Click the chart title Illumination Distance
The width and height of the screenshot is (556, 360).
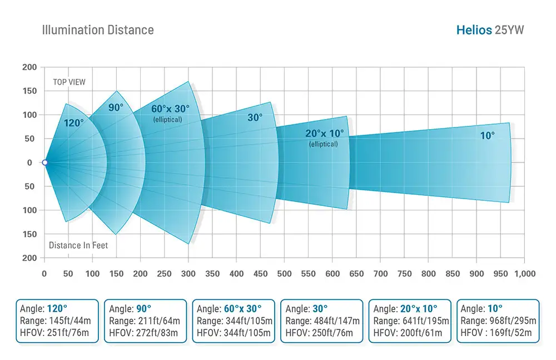(98, 29)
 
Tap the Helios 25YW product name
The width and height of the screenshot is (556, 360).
(490, 29)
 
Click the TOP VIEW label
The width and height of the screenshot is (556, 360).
(69, 82)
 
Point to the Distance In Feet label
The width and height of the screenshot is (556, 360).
(78, 245)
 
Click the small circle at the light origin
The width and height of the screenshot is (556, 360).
(44, 162)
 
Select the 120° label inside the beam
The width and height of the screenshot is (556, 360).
(73, 123)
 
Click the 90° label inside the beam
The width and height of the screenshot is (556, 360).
(116, 108)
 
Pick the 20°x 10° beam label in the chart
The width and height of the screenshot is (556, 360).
(324, 133)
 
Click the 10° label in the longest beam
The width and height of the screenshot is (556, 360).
(487, 135)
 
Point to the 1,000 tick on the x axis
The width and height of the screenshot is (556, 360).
(524, 274)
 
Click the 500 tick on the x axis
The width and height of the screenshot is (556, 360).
(284, 274)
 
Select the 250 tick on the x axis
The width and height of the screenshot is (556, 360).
(164, 274)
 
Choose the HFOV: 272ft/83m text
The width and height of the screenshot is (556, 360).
(143, 333)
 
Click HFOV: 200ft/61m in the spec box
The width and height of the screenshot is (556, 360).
(408, 333)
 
